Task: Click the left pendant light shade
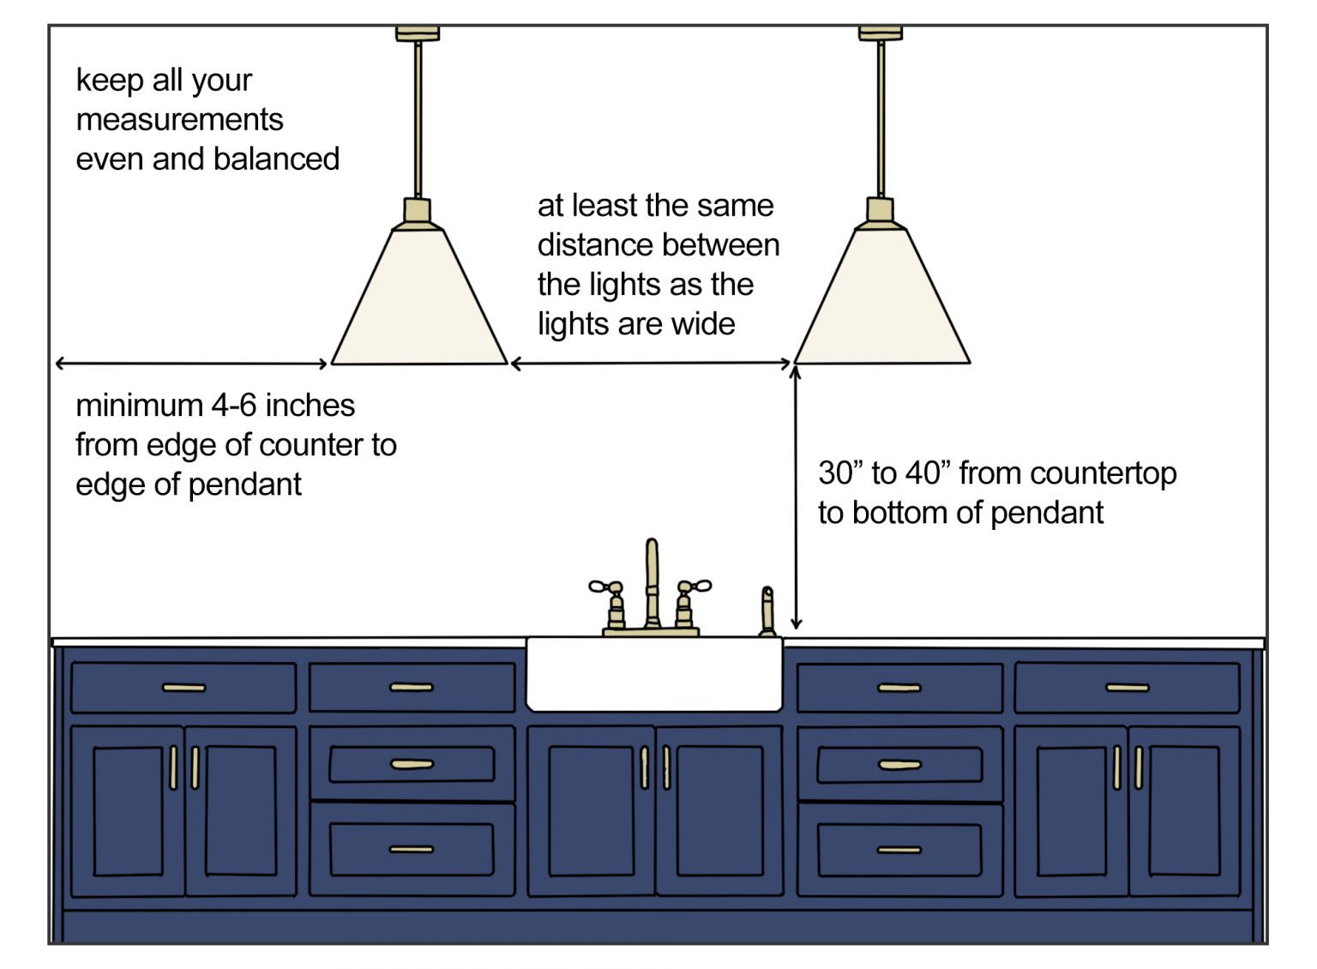click(419, 300)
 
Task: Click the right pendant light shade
click(882, 300)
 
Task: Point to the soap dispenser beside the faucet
click(767, 611)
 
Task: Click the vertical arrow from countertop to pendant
click(796, 497)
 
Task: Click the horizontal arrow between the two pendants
click(650, 364)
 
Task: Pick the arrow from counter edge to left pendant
click(191, 364)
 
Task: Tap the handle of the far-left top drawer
click(183, 688)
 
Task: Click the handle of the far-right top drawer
click(1127, 688)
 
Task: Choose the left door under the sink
click(592, 810)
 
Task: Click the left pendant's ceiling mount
click(418, 34)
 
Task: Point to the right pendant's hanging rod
click(881, 120)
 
